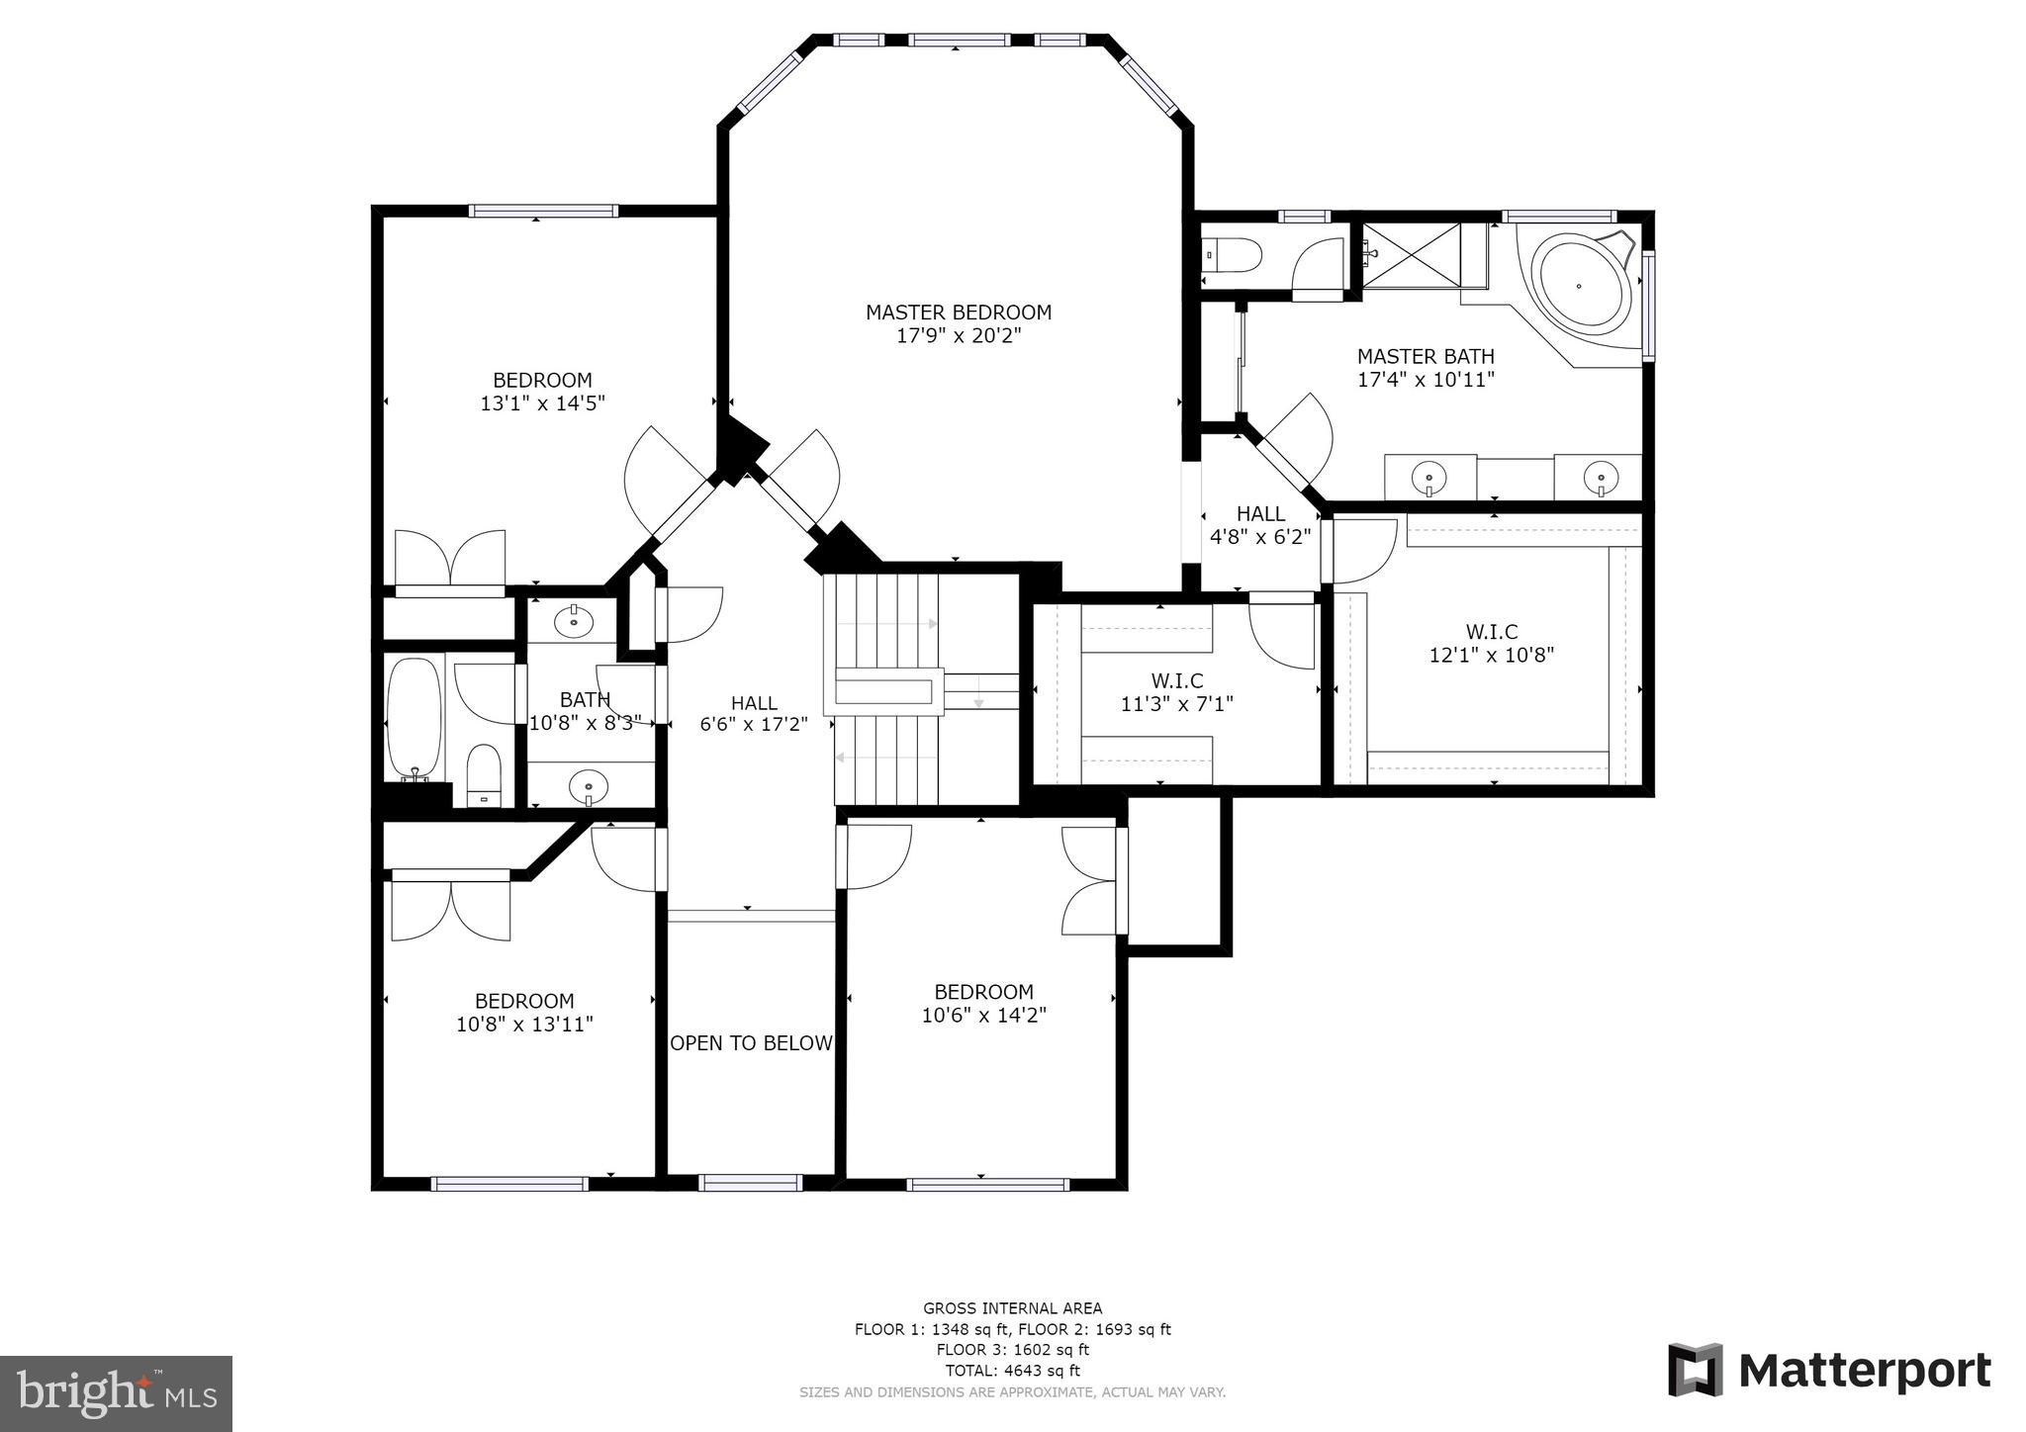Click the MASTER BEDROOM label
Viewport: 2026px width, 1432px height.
click(x=959, y=313)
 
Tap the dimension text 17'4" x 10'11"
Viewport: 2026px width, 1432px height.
click(x=1426, y=379)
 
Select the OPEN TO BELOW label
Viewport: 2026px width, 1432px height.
click(x=752, y=1043)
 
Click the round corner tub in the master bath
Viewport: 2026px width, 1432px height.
click(x=1580, y=284)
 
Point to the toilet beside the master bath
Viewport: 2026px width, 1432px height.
click(x=1233, y=257)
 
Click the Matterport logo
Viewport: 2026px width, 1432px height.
click(x=1830, y=1371)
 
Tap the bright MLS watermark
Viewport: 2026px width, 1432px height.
click(x=117, y=1393)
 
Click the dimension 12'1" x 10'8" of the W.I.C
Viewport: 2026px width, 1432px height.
click(x=1492, y=655)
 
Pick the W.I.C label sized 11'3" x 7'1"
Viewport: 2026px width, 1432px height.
click(x=1177, y=681)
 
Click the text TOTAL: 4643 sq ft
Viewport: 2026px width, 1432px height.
click(x=1012, y=1371)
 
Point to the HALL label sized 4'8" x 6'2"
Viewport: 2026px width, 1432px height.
click(x=1260, y=514)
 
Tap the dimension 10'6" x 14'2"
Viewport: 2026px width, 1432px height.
click(x=983, y=1015)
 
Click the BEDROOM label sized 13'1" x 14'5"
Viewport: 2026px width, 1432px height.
click(x=542, y=381)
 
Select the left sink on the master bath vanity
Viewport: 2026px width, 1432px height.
click(x=1429, y=478)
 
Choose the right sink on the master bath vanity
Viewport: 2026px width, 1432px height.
click(x=1601, y=479)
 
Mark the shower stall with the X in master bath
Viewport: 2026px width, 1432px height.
click(x=1412, y=256)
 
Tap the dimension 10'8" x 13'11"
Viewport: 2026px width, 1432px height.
click(x=524, y=1025)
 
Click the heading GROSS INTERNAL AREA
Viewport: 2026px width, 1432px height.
click(x=1012, y=1308)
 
